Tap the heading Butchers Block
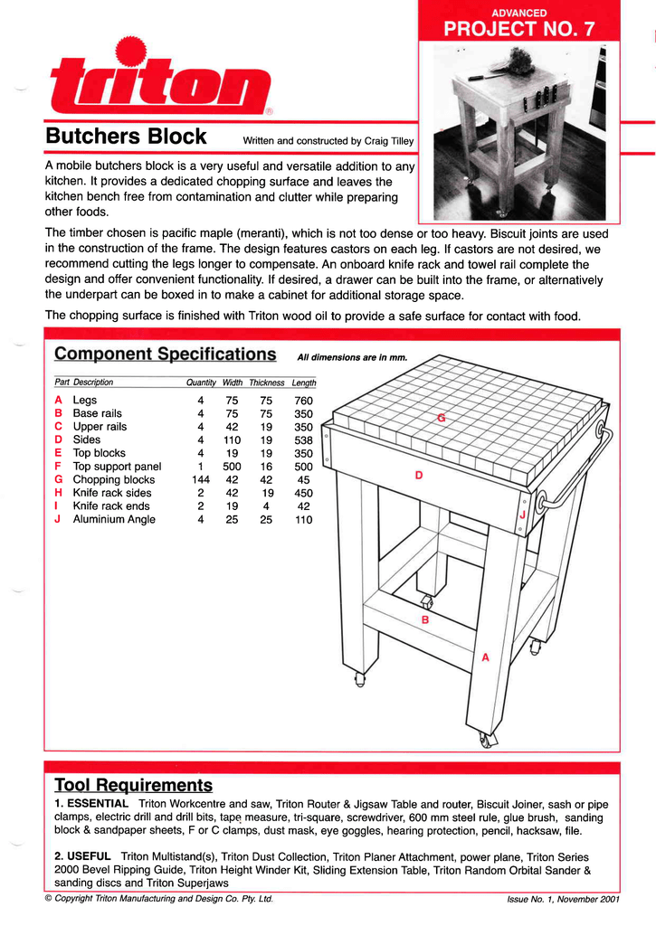(126, 137)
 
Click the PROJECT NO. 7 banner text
(518, 29)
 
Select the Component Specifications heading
(166, 354)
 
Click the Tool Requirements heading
(133, 784)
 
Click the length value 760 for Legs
(303, 400)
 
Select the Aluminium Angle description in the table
(114, 519)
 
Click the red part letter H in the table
(58, 493)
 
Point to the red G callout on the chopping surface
(441, 417)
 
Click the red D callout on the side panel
(418, 475)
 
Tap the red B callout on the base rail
(424, 620)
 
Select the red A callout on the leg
(485, 657)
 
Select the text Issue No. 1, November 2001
(563, 899)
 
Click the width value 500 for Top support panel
(232, 467)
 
